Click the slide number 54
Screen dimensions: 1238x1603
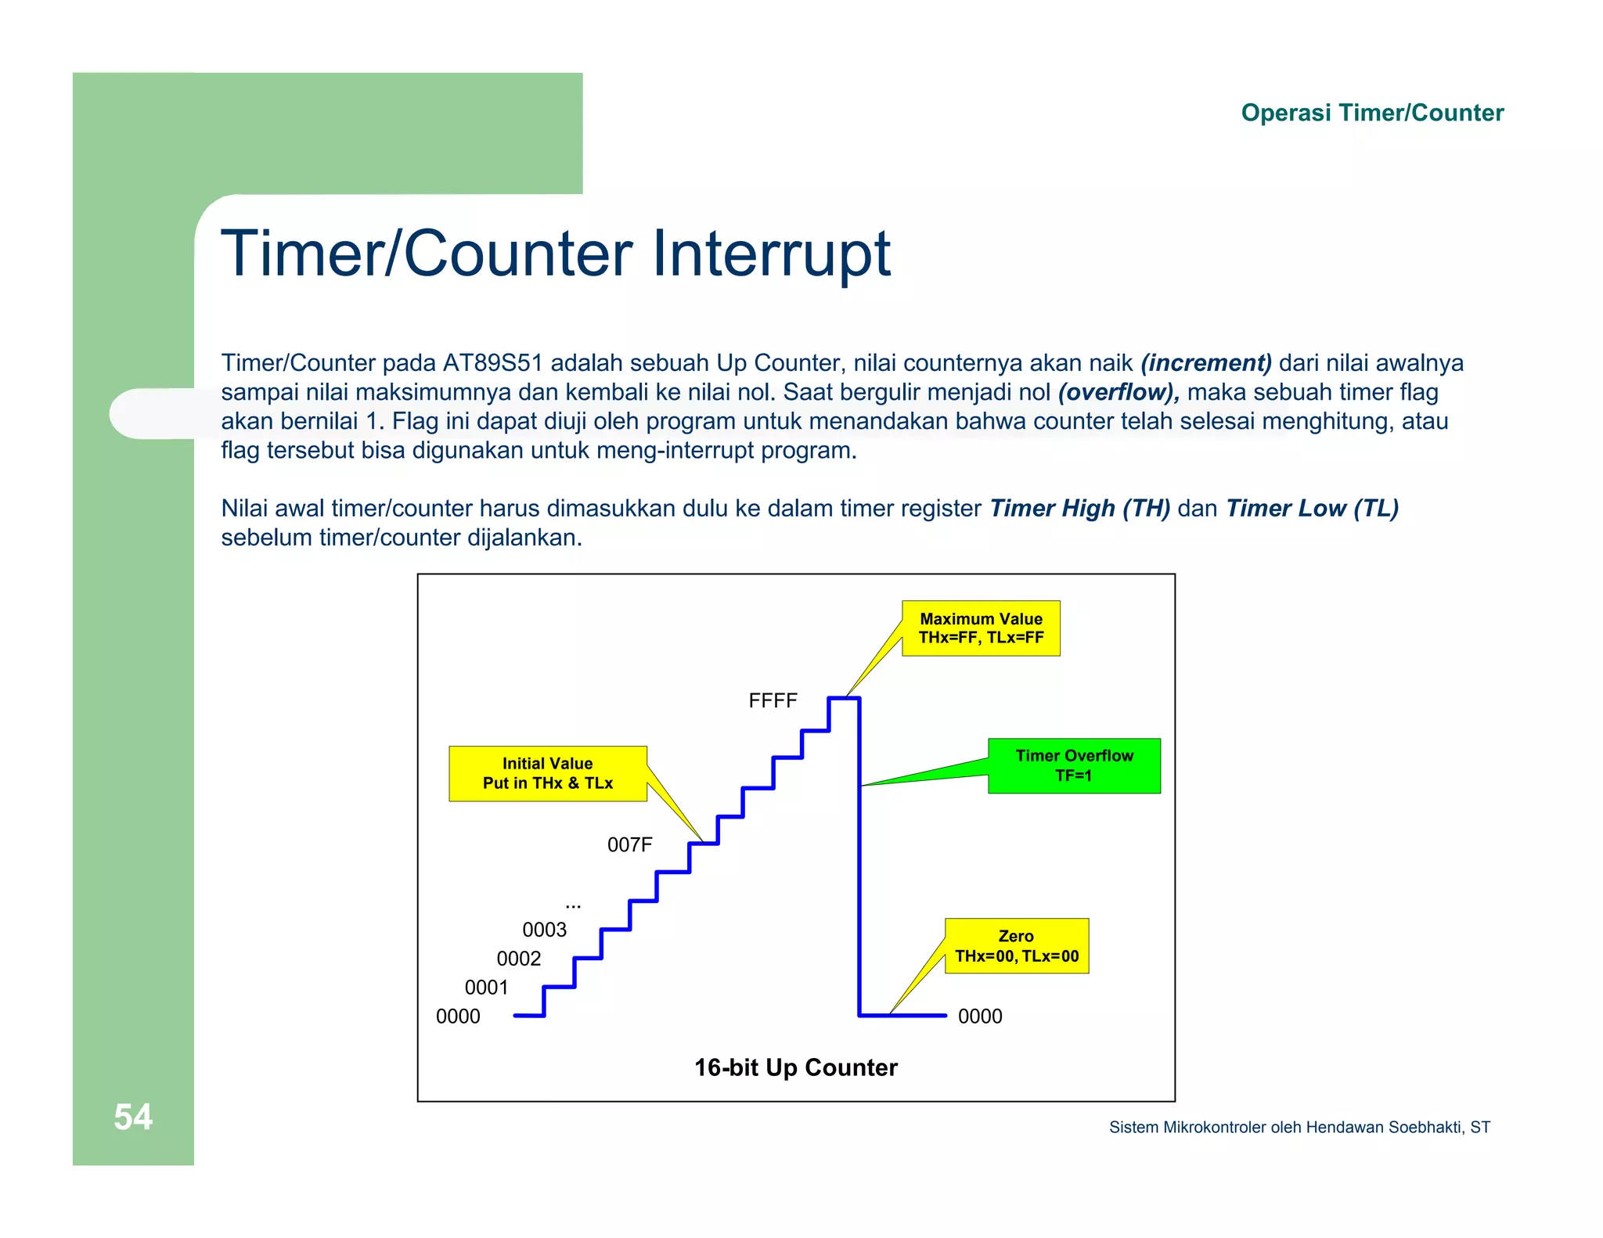pyautogui.click(x=133, y=1117)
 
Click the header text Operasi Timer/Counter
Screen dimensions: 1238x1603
pyautogui.click(x=1371, y=113)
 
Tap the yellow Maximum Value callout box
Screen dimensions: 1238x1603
pyautogui.click(x=981, y=628)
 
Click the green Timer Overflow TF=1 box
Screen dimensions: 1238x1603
pyautogui.click(x=1074, y=765)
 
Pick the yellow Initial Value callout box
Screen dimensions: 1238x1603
pyautogui.click(x=548, y=773)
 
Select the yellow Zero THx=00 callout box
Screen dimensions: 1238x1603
pyautogui.click(x=1016, y=946)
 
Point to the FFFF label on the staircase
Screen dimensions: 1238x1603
pyautogui.click(x=773, y=700)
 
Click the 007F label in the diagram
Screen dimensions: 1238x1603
pyautogui.click(x=629, y=844)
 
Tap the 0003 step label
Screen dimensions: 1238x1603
pyautogui.click(x=544, y=930)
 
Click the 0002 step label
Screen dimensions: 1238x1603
pyautogui.click(x=518, y=959)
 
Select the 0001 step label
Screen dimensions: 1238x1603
pyautogui.click(x=486, y=988)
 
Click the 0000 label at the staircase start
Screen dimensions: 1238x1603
pyautogui.click(x=458, y=1017)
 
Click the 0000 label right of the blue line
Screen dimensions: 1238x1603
pyautogui.click(x=980, y=1017)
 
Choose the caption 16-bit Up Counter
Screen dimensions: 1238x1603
pyautogui.click(x=796, y=1067)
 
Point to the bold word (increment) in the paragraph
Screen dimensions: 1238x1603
pyautogui.click(x=1206, y=363)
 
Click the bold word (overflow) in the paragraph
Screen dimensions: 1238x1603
pyautogui.click(x=1118, y=392)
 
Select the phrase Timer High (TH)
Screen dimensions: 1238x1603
pyautogui.click(x=1080, y=509)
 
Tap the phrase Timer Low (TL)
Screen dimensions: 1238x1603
pyautogui.click(x=1312, y=509)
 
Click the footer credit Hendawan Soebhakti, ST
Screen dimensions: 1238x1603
pyautogui.click(x=1397, y=1127)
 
